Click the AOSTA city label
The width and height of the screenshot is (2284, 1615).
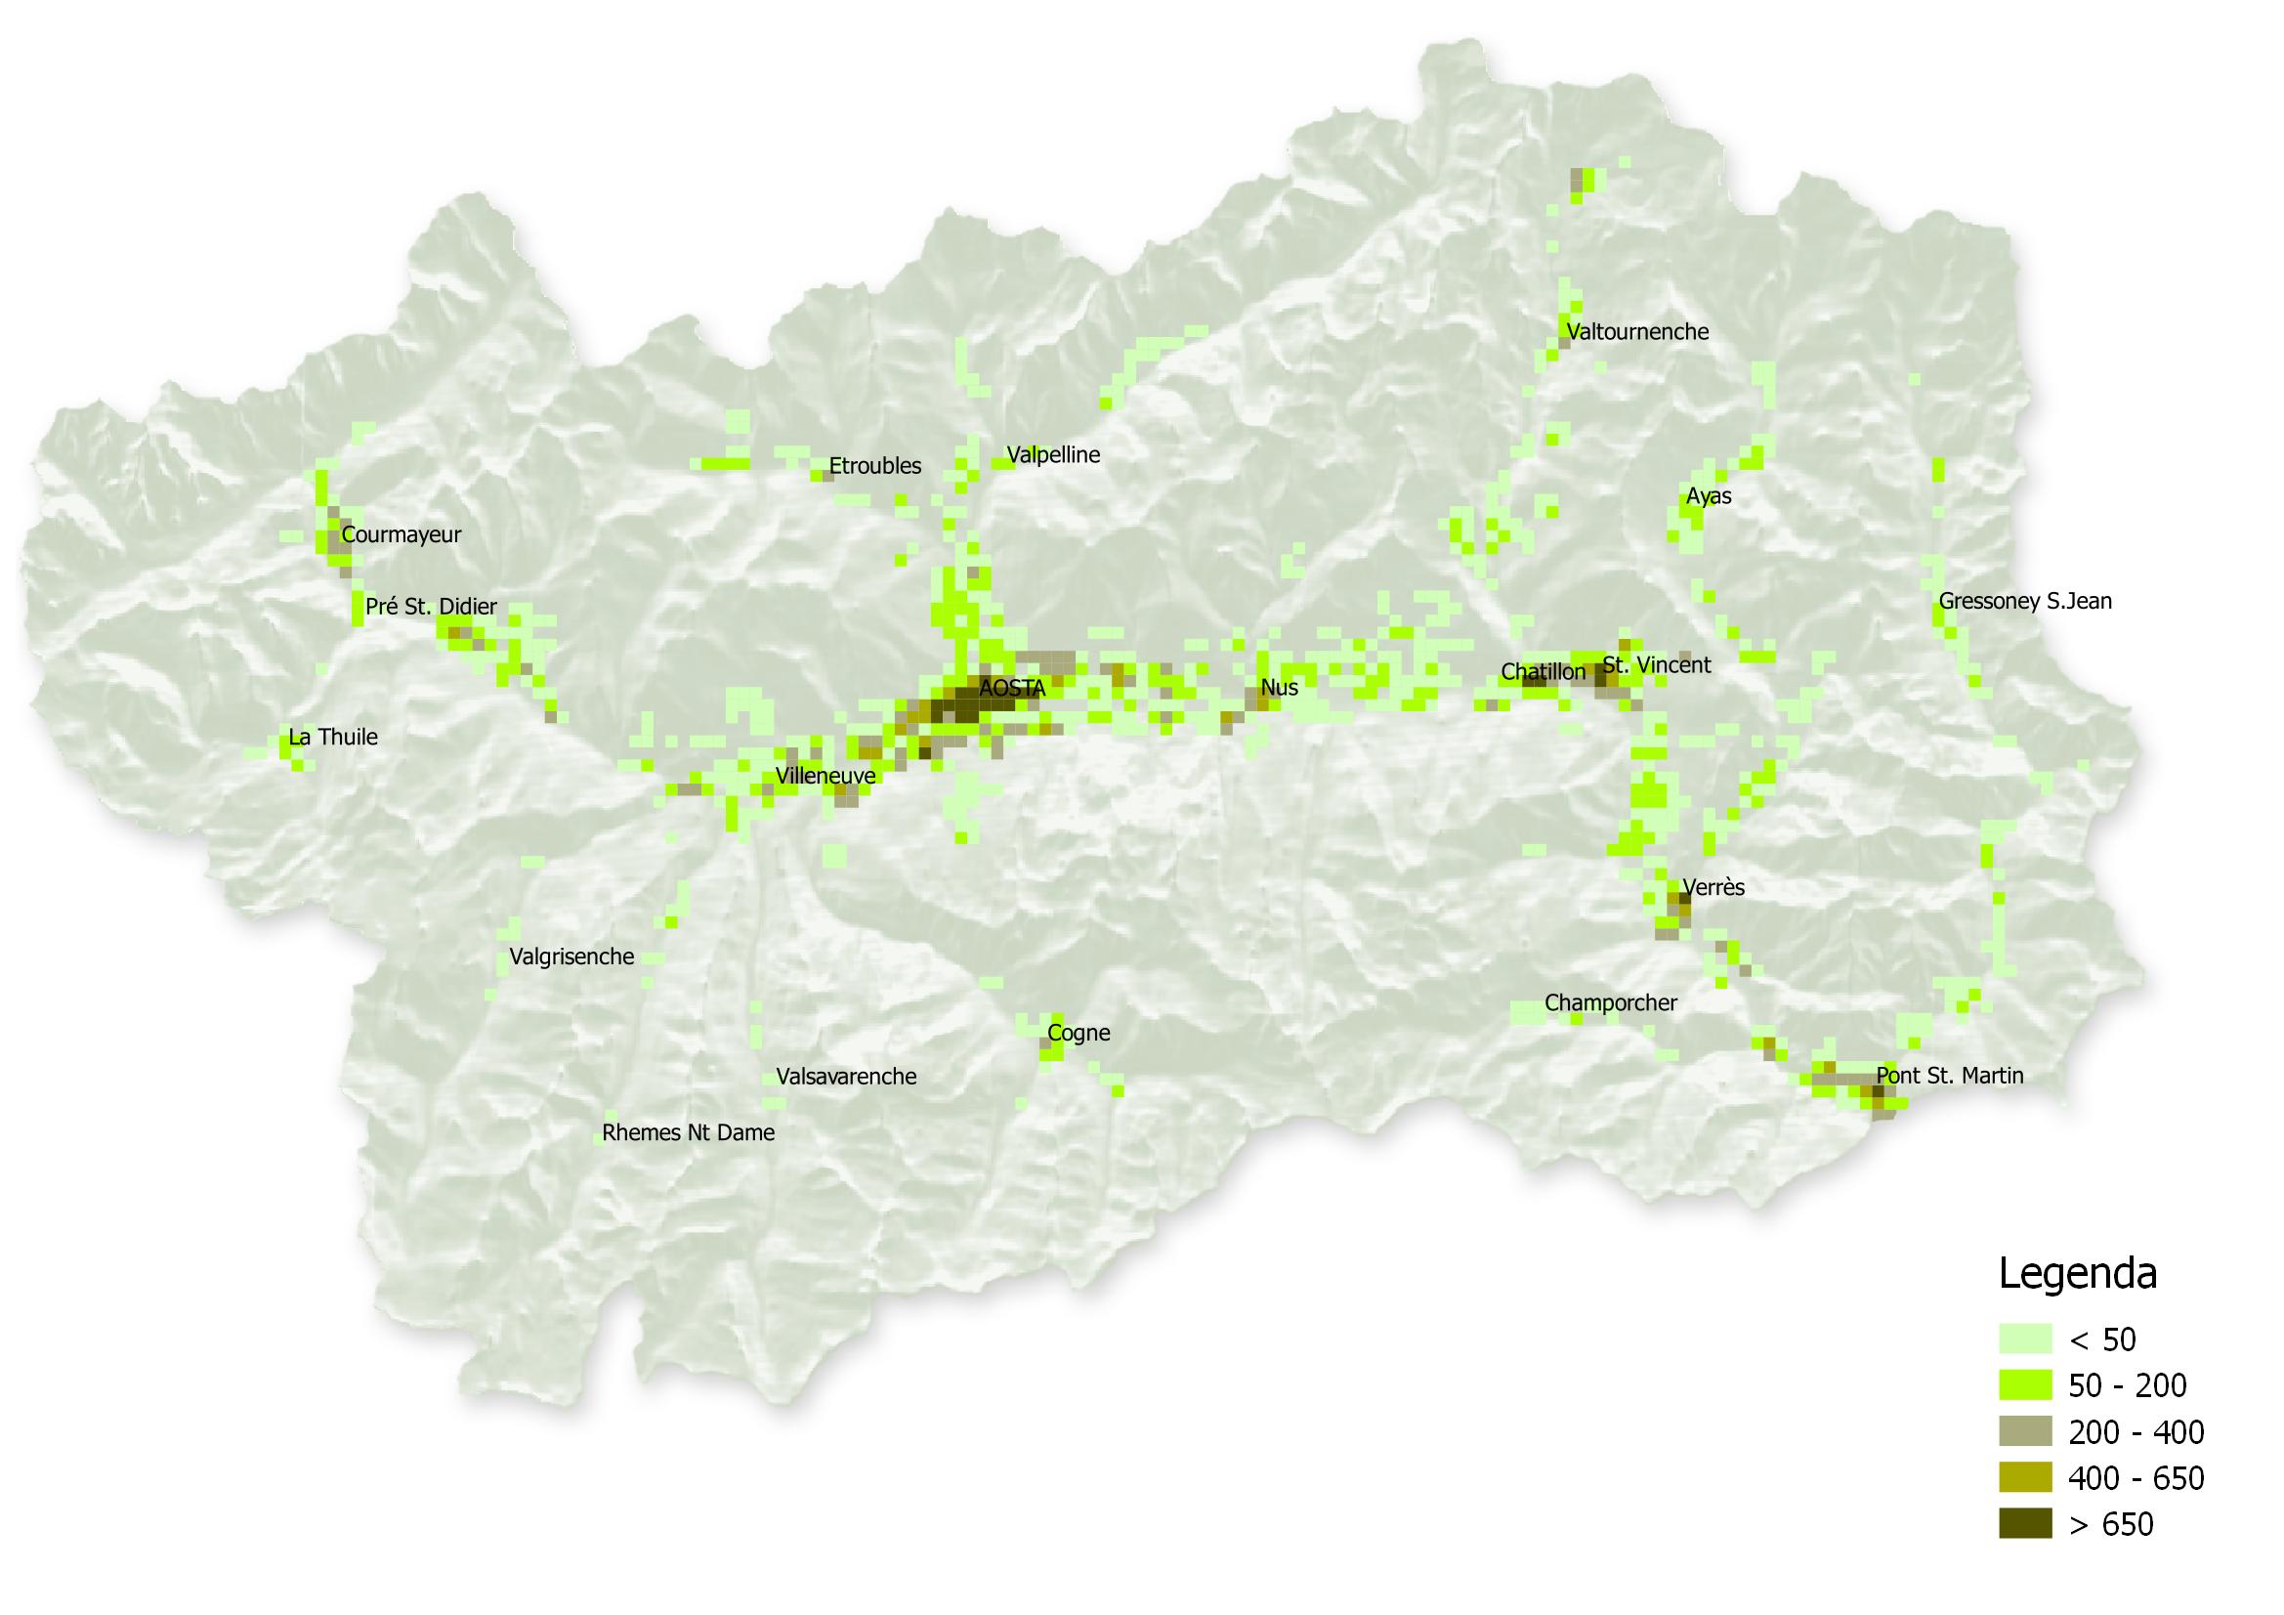pos(1012,688)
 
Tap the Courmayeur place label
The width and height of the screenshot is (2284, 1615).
pos(401,534)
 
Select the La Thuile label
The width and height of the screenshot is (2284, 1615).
pos(333,738)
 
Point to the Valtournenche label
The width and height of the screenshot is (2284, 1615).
pos(1637,331)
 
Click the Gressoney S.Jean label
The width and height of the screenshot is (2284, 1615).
pos(2024,601)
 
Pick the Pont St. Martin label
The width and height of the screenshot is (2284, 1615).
pos(1950,1076)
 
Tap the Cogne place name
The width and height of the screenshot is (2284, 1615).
pos(1079,1033)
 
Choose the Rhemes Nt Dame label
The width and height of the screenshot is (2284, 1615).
pos(689,1132)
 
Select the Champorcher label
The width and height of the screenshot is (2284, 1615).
pos(1611,1003)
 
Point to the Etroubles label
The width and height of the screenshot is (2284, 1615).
pos(874,466)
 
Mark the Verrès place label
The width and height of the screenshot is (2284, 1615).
pos(1713,886)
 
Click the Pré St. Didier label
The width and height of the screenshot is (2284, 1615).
pos(431,607)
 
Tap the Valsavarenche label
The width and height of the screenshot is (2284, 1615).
pos(846,1076)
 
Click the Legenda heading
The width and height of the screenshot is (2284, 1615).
pos(2077,1274)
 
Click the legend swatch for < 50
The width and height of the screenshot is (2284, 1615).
pos(2024,1339)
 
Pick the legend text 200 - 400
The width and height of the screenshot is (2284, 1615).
pos(2136,1432)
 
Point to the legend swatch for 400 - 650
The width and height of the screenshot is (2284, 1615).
pos(2024,1477)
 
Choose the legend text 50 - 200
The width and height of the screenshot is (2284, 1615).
pos(2127,1385)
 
